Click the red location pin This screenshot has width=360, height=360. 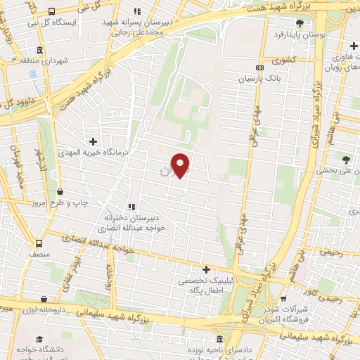[181, 165]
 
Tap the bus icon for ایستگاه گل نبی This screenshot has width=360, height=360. [52, 11]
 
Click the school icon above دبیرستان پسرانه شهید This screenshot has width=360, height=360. [136, 11]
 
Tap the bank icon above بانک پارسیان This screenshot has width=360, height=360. [260, 68]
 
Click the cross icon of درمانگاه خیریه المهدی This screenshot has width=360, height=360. [93, 141]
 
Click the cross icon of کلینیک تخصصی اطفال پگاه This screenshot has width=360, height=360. [206, 269]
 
